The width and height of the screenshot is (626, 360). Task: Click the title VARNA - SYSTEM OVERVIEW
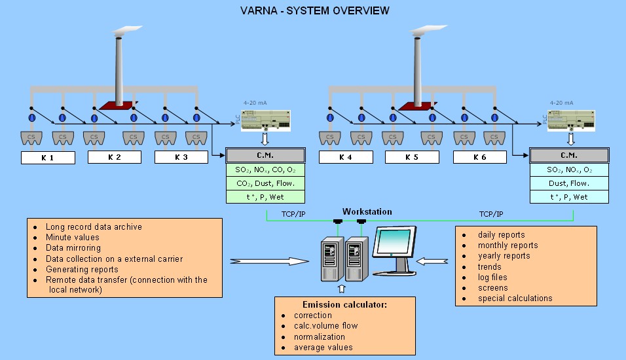pos(314,10)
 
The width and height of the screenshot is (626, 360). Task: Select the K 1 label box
pos(48,157)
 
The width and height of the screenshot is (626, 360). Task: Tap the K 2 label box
pos(115,157)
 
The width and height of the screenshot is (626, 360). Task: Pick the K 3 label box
pos(181,157)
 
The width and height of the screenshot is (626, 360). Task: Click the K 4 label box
pos(346,157)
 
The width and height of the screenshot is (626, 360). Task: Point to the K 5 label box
pos(413,157)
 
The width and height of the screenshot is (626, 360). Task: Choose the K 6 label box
pos(480,157)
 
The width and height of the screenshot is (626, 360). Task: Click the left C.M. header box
pos(265,156)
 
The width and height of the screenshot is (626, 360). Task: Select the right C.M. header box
pos(569,156)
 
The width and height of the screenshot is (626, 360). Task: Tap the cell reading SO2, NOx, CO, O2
pos(265,170)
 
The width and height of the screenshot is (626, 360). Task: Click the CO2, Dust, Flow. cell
pos(265,183)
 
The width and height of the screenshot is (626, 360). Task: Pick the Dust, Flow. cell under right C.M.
pos(569,183)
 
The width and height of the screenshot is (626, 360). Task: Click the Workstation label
pos(367,211)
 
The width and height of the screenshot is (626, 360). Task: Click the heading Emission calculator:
pos(345,304)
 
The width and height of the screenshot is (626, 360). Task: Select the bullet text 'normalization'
pos(320,336)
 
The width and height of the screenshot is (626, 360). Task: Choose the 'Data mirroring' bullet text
pos(73,248)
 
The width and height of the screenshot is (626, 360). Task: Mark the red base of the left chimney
pos(117,106)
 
